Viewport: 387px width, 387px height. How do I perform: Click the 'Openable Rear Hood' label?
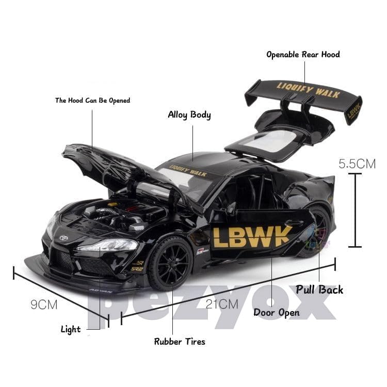click(303, 54)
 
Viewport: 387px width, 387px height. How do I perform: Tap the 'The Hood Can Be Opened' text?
click(92, 100)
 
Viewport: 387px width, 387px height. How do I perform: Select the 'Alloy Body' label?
click(189, 115)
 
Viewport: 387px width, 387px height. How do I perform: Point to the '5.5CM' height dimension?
click(357, 164)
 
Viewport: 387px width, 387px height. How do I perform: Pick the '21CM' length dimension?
click(222, 304)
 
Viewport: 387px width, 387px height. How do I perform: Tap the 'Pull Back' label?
click(319, 289)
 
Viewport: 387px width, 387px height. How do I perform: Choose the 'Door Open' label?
click(277, 312)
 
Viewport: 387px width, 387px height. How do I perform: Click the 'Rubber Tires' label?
click(180, 341)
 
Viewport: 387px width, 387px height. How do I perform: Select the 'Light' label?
click(71, 329)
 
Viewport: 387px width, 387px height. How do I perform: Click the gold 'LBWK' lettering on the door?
click(252, 236)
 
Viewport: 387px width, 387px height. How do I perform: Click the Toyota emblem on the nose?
click(64, 238)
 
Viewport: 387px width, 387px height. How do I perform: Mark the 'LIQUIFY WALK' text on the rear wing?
click(308, 90)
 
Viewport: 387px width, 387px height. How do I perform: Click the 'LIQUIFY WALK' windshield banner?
click(188, 170)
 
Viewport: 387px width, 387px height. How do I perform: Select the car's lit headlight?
click(106, 246)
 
